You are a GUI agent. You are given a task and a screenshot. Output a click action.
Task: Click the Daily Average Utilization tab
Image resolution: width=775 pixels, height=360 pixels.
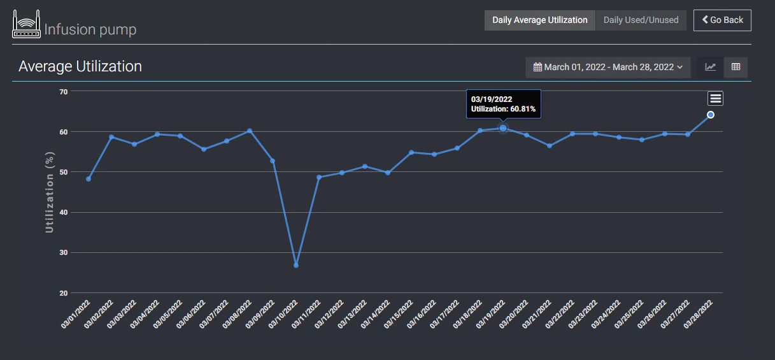(540, 20)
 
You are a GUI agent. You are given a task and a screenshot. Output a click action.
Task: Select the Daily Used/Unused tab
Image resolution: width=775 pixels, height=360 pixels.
(641, 20)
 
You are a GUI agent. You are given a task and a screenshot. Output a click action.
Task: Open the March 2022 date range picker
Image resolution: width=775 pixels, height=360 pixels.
(608, 67)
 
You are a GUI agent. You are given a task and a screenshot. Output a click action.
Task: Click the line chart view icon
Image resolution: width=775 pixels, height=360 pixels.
(711, 67)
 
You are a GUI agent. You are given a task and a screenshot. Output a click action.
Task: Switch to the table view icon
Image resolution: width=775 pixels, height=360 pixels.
(736, 67)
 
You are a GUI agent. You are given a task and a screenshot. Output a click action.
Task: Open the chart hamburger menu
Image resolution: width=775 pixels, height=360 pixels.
(716, 98)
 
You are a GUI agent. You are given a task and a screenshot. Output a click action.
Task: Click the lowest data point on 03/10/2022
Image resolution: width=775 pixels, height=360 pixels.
(296, 265)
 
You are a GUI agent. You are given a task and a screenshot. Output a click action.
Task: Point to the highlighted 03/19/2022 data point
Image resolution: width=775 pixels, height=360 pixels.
(503, 128)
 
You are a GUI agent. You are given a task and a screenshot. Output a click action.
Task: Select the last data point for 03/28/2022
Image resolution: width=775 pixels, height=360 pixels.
(711, 115)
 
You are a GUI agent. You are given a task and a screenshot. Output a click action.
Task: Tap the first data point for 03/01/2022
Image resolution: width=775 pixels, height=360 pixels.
(89, 179)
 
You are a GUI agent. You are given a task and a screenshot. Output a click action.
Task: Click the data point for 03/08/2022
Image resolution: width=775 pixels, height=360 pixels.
(250, 131)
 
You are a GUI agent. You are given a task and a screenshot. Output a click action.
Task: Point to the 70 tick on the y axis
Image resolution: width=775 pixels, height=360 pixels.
(63, 92)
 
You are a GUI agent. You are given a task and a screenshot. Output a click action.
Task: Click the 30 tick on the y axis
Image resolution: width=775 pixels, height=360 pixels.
(63, 253)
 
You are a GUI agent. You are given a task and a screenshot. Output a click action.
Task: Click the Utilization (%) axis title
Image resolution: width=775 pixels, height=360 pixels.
(50, 192)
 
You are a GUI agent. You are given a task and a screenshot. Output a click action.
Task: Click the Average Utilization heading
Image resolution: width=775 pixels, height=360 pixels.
(80, 66)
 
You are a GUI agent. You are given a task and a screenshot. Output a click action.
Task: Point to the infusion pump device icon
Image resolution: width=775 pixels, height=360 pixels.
(27, 24)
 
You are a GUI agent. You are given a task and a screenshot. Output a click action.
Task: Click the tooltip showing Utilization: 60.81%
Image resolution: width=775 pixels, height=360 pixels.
(503, 104)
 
